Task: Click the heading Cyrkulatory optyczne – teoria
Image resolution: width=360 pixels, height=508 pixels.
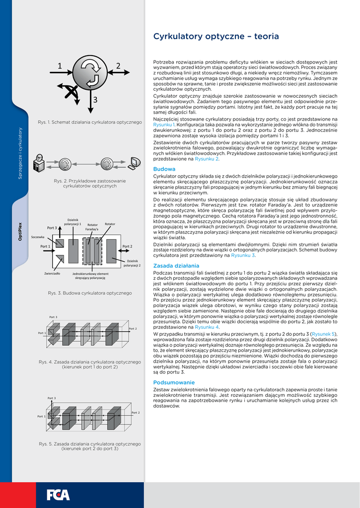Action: pyautogui.click(x=216, y=36)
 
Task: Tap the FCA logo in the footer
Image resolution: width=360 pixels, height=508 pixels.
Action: pyautogui.click(x=58, y=495)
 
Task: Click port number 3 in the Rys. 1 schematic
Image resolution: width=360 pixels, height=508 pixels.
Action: pyautogui.click(x=95, y=100)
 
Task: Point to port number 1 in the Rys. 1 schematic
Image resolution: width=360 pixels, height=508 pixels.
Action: pyautogui.click(x=60, y=66)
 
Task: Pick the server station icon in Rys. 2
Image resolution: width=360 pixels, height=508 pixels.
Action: pyautogui.click(x=39, y=163)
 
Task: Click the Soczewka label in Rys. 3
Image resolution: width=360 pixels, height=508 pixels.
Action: pyautogui.click(x=38, y=237)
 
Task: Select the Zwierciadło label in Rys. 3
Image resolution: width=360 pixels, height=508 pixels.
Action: pyautogui.click(x=52, y=273)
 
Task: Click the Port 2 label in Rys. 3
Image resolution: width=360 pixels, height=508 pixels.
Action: pyautogui.click(x=127, y=246)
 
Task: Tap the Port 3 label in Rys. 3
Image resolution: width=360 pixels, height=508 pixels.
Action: pyautogui.click(x=52, y=228)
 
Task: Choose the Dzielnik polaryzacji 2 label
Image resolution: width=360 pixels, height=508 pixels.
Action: pyautogui.click(x=132, y=263)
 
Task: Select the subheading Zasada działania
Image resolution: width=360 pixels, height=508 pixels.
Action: pyautogui.click(x=172, y=265)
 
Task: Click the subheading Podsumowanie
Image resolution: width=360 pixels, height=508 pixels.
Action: pyautogui.click(x=174, y=382)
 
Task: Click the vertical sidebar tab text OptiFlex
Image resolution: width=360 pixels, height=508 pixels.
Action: pyautogui.click(x=20, y=231)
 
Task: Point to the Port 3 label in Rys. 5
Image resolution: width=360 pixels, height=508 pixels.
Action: pyautogui.click(x=52, y=398)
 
